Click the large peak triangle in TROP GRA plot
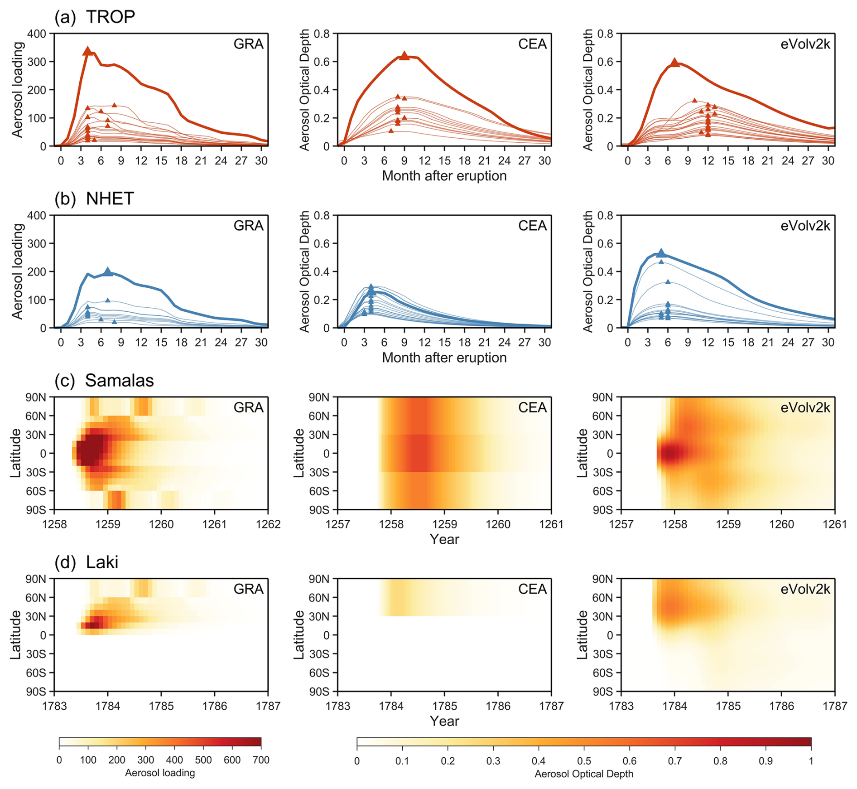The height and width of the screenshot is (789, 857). [x=88, y=51]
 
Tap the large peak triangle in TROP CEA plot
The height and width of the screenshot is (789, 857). [x=404, y=56]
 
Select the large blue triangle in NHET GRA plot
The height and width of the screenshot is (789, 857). [x=108, y=272]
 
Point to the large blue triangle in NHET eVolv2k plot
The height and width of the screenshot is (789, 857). [x=661, y=253]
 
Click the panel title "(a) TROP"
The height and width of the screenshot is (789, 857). [x=95, y=17]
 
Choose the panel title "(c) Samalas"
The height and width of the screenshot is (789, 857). [x=104, y=380]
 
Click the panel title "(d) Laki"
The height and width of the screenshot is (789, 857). [x=87, y=562]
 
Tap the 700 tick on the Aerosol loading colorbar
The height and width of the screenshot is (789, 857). [x=261, y=760]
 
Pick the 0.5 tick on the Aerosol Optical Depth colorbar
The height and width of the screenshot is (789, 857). [x=584, y=761]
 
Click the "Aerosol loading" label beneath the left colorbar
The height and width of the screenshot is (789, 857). [x=160, y=773]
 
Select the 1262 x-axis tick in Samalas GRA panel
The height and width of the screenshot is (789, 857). [x=268, y=524]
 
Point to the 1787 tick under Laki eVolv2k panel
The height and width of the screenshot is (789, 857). [x=835, y=706]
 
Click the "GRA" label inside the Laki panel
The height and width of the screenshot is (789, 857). [x=248, y=589]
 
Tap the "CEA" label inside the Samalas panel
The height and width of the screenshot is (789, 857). [x=532, y=407]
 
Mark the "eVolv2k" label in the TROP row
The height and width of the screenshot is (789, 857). [x=805, y=44]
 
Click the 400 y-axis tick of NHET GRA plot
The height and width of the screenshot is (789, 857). [x=37, y=216]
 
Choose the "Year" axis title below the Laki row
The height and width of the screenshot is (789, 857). [x=444, y=721]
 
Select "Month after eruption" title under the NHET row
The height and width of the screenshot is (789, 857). [x=444, y=358]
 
